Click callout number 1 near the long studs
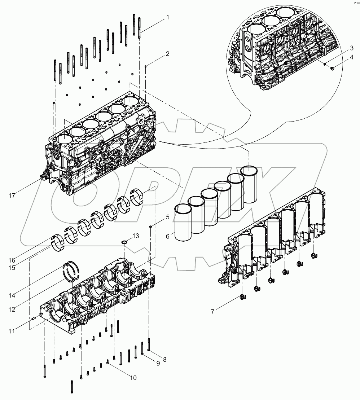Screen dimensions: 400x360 tap(167, 17)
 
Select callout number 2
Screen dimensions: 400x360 tap(167, 54)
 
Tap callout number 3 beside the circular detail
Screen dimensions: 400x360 tap(351, 48)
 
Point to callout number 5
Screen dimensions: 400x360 tap(167, 217)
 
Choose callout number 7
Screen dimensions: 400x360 tap(212, 311)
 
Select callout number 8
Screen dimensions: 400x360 tap(165, 359)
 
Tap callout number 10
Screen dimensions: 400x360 tap(133, 378)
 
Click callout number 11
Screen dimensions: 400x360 tap(12, 331)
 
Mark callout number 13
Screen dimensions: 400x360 tap(135, 236)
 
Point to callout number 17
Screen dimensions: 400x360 tap(12, 196)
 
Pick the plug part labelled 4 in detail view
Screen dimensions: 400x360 tap(332, 66)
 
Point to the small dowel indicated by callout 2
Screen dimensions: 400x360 tap(145, 66)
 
